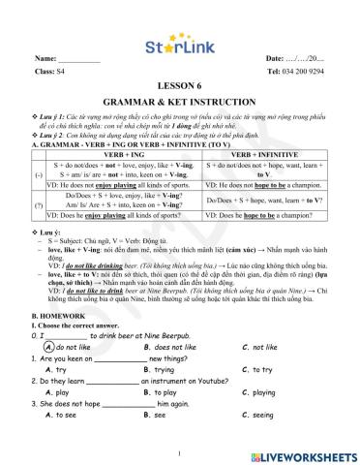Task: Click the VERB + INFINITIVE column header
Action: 271,154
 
